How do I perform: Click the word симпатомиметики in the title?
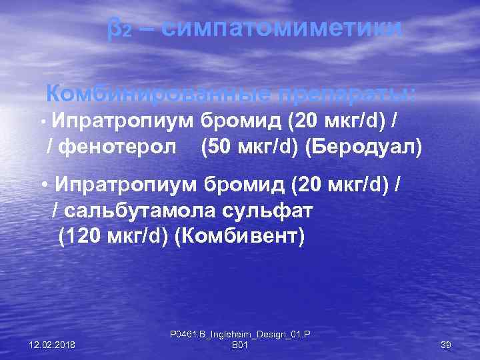pyautogui.click(x=281, y=29)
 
